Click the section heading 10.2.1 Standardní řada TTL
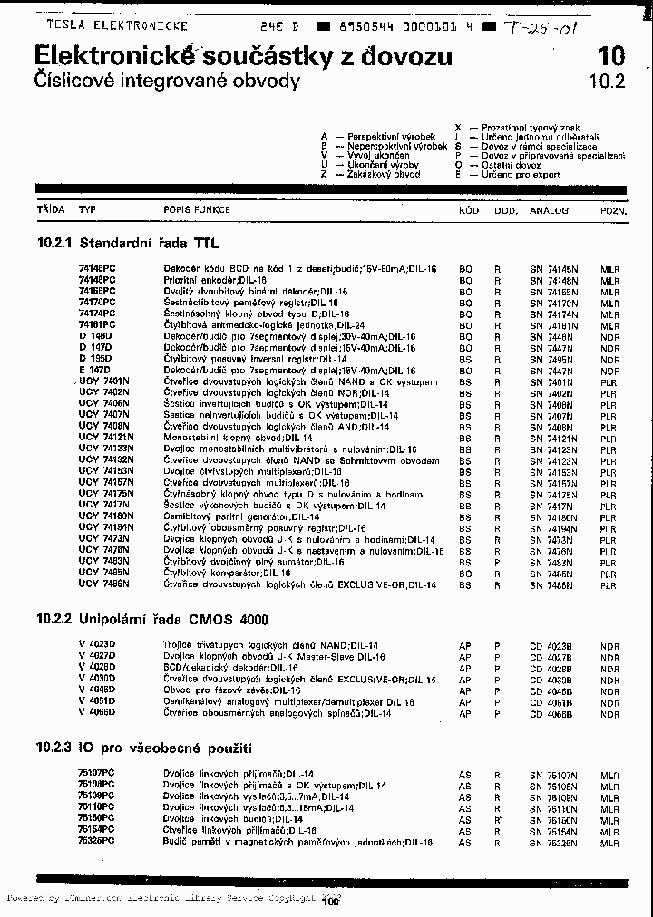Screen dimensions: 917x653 [128, 244]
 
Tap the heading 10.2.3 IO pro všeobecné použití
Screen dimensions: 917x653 [144, 748]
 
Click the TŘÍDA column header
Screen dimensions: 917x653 [51, 210]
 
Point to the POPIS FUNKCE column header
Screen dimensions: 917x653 [197, 210]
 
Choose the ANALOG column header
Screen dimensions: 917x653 [550, 210]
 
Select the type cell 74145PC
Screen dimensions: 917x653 [97, 270]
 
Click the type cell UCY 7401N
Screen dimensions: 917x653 [103, 381]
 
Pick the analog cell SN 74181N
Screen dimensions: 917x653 [554, 324]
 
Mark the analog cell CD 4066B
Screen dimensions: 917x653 [551, 714]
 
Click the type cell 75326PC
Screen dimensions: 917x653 [97, 841]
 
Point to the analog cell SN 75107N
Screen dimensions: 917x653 [554, 775]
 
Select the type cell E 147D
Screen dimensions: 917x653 [95, 371]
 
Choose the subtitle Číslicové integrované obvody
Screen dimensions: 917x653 [166, 81]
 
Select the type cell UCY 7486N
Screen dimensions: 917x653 [103, 585]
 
